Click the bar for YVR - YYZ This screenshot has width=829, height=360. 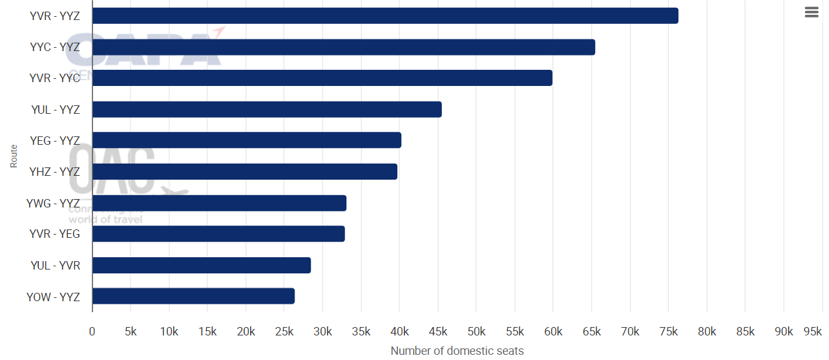pos(385,16)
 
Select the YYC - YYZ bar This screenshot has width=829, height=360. pos(344,47)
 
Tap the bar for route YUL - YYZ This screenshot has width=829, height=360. pos(267,109)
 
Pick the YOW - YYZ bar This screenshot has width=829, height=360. pos(193,296)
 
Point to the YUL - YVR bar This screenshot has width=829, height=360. pos(202,265)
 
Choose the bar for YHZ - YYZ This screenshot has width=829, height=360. pos(245,171)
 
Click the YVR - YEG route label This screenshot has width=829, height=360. pos(55,234)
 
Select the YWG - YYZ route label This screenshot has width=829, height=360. pos(53,203)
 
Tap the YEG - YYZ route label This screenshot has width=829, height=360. pos(55,140)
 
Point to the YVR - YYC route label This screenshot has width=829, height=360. pos(55,78)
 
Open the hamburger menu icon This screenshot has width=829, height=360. pos(812,12)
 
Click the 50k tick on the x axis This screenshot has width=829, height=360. pos(476,332)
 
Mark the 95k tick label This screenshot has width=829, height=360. pos(812,332)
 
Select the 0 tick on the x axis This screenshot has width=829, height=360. pos(92,332)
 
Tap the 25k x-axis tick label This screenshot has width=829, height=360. pos(284,332)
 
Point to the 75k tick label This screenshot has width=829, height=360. pos(668,332)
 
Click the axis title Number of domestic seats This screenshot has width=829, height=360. pos(457,351)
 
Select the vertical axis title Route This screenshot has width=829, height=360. pos(14,156)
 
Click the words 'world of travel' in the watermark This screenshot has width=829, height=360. pos(105,220)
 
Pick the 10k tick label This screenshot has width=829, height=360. pos(169,332)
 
